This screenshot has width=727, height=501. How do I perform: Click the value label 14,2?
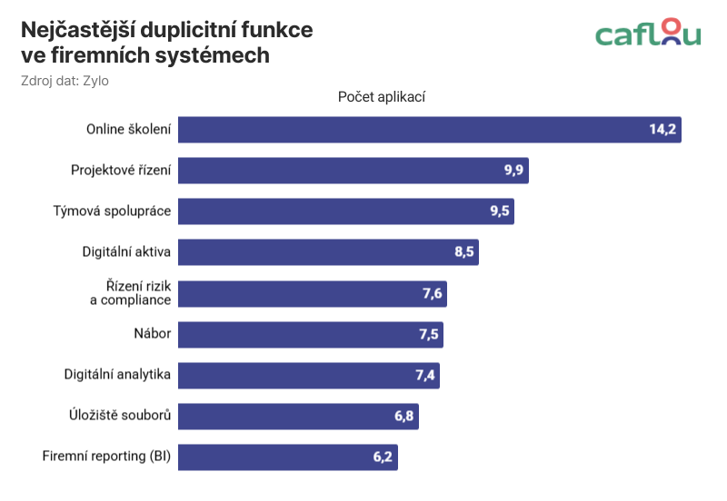click(x=662, y=130)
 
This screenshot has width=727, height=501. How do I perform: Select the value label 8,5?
click(x=465, y=252)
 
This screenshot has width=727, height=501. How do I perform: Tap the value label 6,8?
click(x=404, y=417)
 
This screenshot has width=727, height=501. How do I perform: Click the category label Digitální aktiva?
click(x=126, y=252)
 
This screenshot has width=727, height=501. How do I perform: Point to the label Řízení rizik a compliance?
click(x=131, y=293)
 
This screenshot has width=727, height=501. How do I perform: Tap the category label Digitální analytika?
click(x=118, y=375)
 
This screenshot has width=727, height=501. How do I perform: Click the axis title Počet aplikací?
click(x=382, y=97)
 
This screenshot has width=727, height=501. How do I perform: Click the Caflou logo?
click(x=648, y=34)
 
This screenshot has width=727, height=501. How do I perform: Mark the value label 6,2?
click(x=383, y=457)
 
